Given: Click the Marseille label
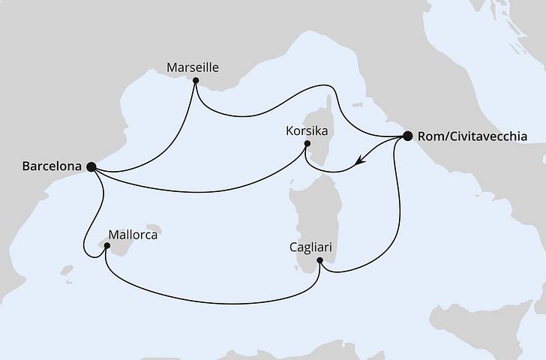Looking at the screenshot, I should point(193,67).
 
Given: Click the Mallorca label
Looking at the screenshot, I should point(133,234).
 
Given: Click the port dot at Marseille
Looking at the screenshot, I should point(195,80).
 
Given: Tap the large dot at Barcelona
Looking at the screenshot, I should point(91,167).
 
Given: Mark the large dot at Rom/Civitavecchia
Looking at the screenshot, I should point(408,136).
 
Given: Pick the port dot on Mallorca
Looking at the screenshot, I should point(106,250).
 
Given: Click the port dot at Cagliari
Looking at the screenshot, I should point(320,261).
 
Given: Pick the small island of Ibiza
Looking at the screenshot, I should point(67,268).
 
